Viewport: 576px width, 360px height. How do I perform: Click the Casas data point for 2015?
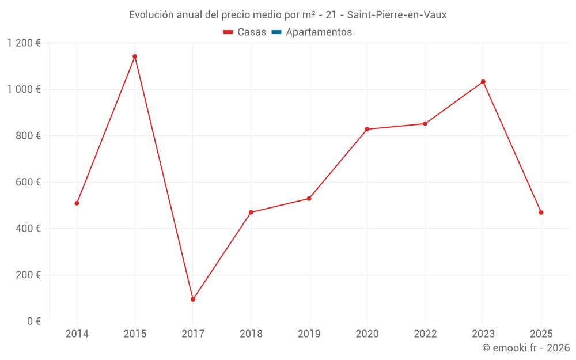click(135, 56)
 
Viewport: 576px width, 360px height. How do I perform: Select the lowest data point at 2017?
click(193, 300)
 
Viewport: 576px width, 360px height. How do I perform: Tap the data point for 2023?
click(483, 82)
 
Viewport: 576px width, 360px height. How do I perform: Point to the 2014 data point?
click(77, 203)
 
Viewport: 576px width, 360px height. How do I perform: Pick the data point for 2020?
click(367, 129)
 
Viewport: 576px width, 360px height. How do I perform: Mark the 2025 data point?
click(541, 213)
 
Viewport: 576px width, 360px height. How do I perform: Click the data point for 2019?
click(309, 199)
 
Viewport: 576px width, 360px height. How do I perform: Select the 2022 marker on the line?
click(425, 124)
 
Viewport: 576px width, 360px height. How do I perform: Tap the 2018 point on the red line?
click(251, 213)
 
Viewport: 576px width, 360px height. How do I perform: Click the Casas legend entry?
click(245, 32)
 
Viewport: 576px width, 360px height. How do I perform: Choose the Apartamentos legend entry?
click(312, 32)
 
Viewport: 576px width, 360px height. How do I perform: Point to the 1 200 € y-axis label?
click(24, 43)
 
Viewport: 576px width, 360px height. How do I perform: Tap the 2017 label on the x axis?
click(193, 334)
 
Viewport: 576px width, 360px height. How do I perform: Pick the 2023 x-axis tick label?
click(483, 334)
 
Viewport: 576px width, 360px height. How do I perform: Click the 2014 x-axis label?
click(77, 334)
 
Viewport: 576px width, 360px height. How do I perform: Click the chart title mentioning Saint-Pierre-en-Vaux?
click(287, 15)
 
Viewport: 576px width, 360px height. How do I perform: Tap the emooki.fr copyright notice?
click(525, 348)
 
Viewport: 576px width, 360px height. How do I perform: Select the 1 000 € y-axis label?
click(24, 89)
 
